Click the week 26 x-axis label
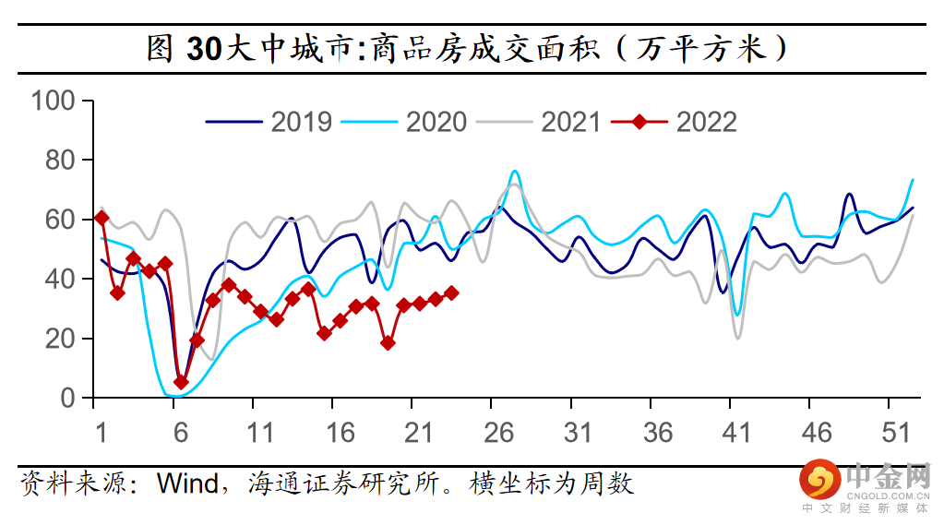tap(499, 434)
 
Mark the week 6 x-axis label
tap(181, 434)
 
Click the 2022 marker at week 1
tap(102, 218)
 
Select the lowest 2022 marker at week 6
tap(181, 382)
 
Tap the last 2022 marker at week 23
tap(451, 292)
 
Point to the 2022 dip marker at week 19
tap(388, 342)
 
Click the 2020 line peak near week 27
tap(514, 172)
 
